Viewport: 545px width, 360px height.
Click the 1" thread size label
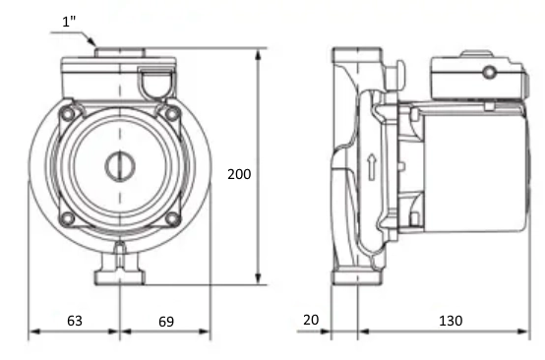69,22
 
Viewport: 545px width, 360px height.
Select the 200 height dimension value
239,174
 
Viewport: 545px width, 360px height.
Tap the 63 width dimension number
75,321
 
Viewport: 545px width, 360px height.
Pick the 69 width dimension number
166,322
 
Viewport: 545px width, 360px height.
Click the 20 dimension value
311,320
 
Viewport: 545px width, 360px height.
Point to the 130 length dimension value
451,321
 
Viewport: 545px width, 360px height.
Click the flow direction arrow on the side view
372,167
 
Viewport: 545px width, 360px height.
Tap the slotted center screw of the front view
120,166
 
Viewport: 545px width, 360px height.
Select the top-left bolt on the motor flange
67,113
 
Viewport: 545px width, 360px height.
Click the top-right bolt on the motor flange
172,113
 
